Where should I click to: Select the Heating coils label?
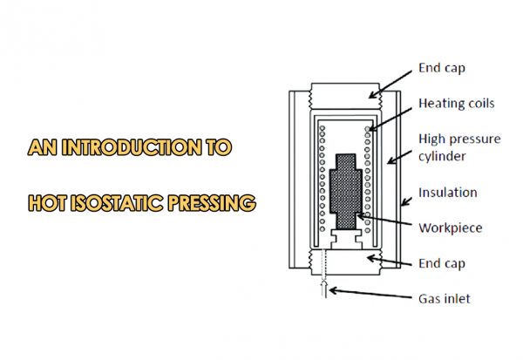[457, 104]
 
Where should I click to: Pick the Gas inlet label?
[445, 299]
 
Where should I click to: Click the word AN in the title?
[40, 147]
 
